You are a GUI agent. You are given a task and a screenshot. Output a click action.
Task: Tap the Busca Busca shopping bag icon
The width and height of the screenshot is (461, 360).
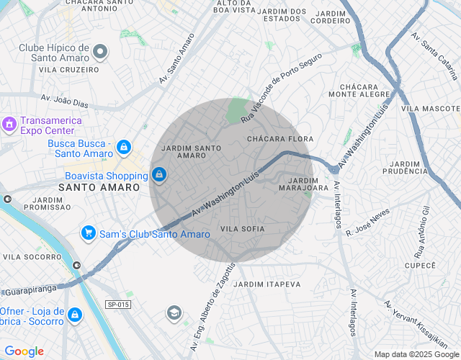[124, 147]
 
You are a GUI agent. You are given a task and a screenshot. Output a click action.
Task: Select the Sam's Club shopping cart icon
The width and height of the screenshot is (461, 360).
[89, 233]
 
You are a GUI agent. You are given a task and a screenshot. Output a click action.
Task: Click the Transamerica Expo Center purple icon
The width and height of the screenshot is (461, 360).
[9, 124]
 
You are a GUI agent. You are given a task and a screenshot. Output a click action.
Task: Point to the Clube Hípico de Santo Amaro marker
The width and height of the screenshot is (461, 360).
[100, 52]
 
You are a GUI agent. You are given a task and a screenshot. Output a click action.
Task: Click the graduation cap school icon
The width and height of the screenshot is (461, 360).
[174, 312]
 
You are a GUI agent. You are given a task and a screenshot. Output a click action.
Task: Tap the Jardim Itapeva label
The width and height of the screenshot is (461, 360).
[268, 284]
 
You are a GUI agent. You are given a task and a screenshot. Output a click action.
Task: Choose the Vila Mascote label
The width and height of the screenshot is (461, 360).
[430, 108]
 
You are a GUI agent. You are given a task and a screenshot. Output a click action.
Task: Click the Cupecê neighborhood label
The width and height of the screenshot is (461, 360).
[421, 266]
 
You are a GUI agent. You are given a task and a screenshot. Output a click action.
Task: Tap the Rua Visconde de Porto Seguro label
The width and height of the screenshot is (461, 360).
[280, 86]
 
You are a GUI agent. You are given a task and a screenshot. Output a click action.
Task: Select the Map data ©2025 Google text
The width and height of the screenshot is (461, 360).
[416, 354]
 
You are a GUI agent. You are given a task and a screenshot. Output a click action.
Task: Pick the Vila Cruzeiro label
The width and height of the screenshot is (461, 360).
[69, 70]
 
